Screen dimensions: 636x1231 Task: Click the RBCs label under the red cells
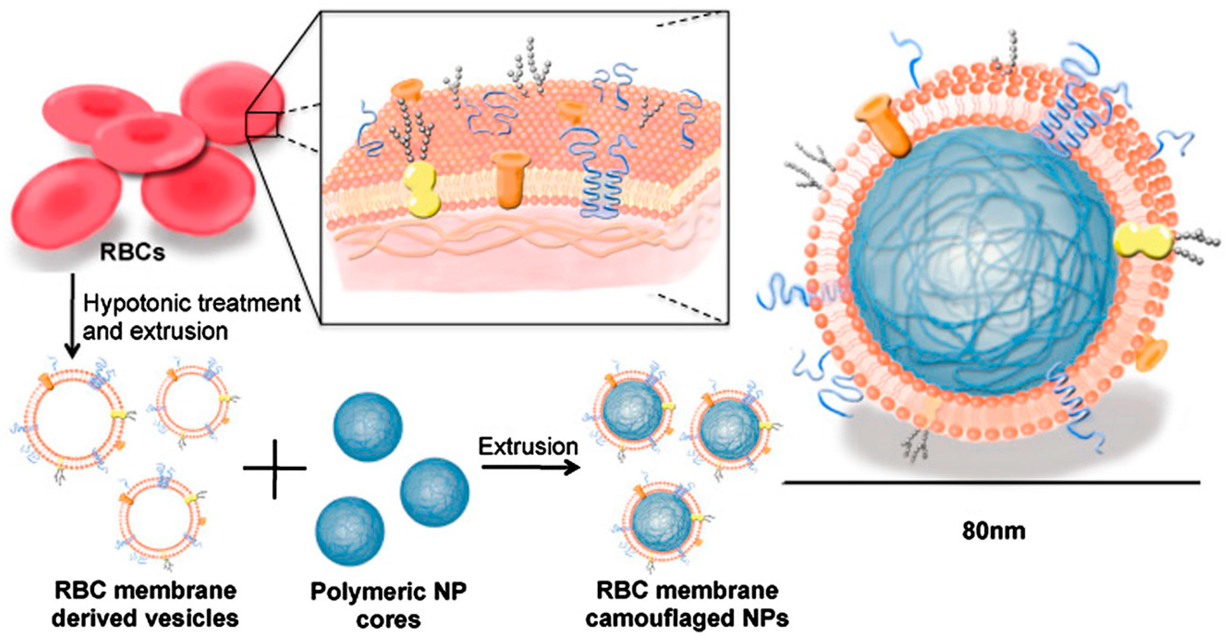point(132,252)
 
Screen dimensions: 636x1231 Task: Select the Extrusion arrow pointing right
point(530,467)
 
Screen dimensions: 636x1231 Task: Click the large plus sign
point(275,469)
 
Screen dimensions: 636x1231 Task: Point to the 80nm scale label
point(994,531)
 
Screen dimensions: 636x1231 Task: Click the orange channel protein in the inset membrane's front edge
point(510,179)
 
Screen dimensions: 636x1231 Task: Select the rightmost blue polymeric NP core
point(434,493)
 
